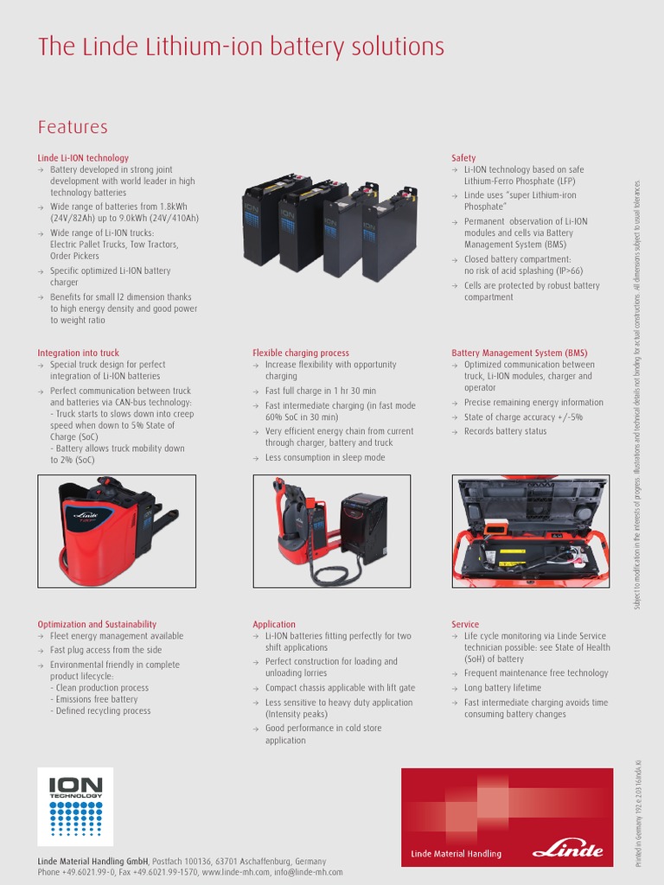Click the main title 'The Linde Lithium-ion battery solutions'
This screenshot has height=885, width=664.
(240, 47)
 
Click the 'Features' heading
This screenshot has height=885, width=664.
(73, 127)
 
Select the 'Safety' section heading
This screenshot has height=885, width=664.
(463, 158)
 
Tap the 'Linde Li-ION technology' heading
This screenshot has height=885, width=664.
(83, 158)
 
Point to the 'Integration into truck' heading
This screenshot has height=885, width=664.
(78, 353)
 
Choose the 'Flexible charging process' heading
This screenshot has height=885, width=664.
(301, 353)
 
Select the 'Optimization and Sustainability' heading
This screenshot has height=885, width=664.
(97, 624)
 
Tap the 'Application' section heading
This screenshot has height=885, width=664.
(274, 624)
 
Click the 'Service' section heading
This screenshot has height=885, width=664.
(465, 624)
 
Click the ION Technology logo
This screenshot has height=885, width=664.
(75, 806)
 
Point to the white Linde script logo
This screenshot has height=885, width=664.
(567, 850)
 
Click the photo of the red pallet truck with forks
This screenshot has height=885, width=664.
(116, 531)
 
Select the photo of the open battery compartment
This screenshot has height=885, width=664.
(530, 531)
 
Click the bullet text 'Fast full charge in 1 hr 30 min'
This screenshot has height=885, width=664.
(321, 391)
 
